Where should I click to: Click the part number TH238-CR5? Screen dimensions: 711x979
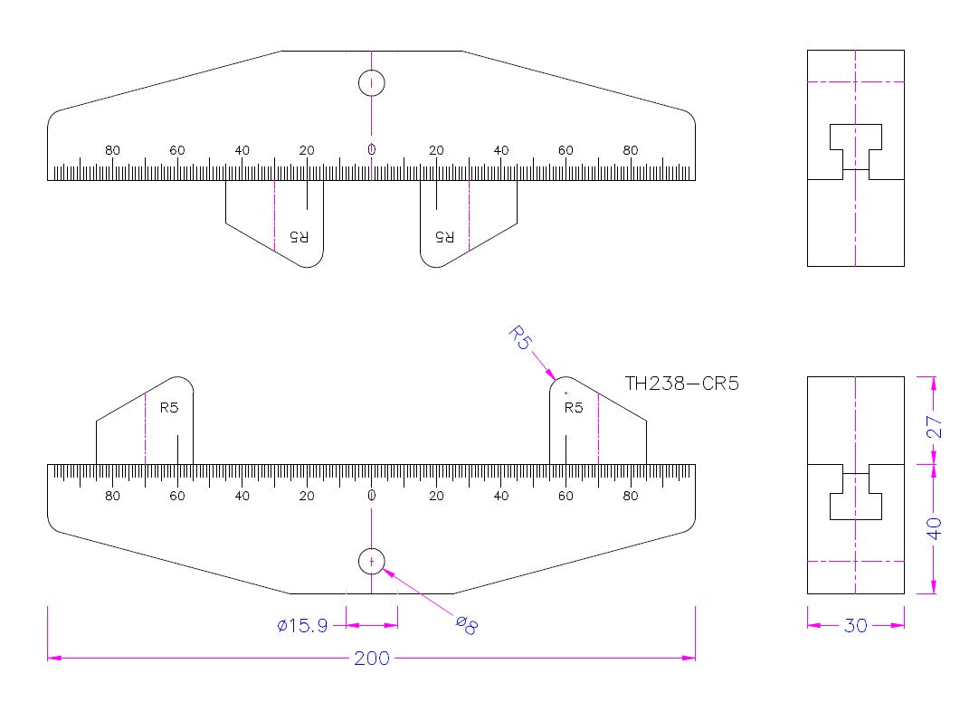pyautogui.click(x=682, y=383)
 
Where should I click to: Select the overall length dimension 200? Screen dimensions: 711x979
pyautogui.click(x=371, y=658)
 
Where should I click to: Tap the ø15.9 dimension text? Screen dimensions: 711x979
pyautogui.click(x=303, y=625)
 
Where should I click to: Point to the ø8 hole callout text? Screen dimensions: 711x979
pyautogui.click(x=465, y=624)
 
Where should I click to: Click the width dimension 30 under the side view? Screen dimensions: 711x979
pyautogui.click(x=855, y=625)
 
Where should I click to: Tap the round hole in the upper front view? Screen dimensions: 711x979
pyautogui.click(x=372, y=83)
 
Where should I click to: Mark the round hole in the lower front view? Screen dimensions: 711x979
pyautogui.click(x=372, y=561)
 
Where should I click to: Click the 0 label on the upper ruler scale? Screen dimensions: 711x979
pyautogui.click(x=371, y=150)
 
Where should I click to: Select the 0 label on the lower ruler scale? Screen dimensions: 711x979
pyautogui.click(x=371, y=496)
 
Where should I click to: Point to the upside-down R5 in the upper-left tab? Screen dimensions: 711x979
pyautogui.click(x=299, y=237)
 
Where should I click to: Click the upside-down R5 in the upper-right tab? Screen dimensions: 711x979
pyautogui.click(x=444, y=237)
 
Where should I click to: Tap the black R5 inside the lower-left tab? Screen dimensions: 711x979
pyautogui.click(x=169, y=408)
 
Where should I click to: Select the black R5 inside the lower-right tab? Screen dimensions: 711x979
pyautogui.click(x=574, y=408)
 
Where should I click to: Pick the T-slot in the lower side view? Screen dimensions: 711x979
pyautogui.click(x=856, y=498)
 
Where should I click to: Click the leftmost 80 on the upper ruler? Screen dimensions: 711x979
pyautogui.click(x=112, y=150)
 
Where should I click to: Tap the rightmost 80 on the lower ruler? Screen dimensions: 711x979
pyautogui.click(x=631, y=496)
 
